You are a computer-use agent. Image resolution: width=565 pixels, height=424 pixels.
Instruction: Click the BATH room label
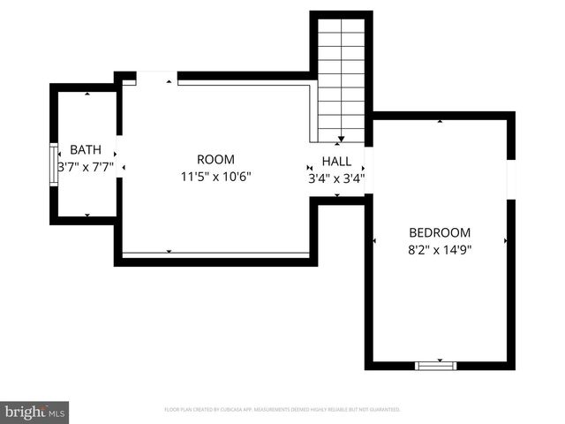[x=86, y=149]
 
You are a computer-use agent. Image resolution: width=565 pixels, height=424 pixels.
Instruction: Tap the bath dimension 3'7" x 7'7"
[x=86, y=166]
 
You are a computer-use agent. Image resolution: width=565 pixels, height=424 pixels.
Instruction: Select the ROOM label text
[x=215, y=160]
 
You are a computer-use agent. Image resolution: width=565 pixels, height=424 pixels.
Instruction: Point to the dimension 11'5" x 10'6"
[x=216, y=176]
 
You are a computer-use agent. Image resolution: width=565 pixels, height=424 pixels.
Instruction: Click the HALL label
[x=336, y=162]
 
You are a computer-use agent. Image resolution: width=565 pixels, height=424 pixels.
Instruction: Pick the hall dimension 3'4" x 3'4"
[x=336, y=178]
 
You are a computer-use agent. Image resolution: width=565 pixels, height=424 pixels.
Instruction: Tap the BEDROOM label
[x=440, y=233]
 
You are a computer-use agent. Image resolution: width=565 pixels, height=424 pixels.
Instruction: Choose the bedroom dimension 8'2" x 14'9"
[x=440, y=249]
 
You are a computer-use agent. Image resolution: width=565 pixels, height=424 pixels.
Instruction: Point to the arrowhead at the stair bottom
[x=342, y=140]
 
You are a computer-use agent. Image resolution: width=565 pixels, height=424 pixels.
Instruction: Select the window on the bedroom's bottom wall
[x=436, y=364]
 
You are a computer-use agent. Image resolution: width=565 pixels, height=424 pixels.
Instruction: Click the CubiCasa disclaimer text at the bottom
[x=282, y=410]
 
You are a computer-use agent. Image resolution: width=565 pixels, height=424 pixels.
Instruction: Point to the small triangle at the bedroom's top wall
[x=440, y=121]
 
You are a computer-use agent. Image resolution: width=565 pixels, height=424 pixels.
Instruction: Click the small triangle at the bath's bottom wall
[x=87, y=215]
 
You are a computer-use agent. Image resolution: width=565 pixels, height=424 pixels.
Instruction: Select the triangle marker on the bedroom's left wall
[x=375, y=240]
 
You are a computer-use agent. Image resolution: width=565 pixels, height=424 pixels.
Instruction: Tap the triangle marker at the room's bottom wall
[x=169, y=252]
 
